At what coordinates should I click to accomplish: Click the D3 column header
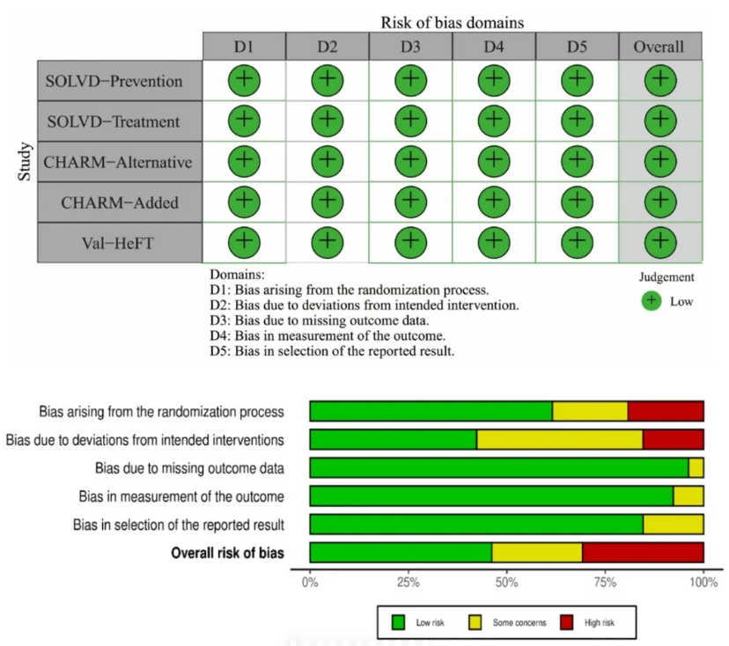tap(410, 47)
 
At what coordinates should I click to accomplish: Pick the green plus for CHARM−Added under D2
tap(328, 202)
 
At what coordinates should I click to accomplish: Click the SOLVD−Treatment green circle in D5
tap(577, 121)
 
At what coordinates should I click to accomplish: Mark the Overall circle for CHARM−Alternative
tap(660, 161)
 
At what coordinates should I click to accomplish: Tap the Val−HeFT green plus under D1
tap(244, 242)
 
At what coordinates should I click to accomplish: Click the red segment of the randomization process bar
tap(666, 411)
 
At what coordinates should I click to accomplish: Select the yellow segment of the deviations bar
tap(560, 440)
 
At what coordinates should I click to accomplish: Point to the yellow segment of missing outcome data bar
tap(696, 468)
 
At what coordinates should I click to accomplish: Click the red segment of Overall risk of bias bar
tap(643, 553)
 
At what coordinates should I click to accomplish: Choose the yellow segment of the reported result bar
tap(674, 525)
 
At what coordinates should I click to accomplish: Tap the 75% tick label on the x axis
tap(605, 583)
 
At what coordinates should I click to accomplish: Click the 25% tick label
tap(409, 583)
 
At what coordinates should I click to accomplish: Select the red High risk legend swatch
tap(567, 622)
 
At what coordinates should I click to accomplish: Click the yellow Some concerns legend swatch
tap(475, 622)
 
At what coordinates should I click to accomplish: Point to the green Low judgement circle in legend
tap(652, 301)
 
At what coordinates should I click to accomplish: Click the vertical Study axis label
tap(24, 161)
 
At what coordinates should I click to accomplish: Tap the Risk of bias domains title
tap(453, 22)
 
